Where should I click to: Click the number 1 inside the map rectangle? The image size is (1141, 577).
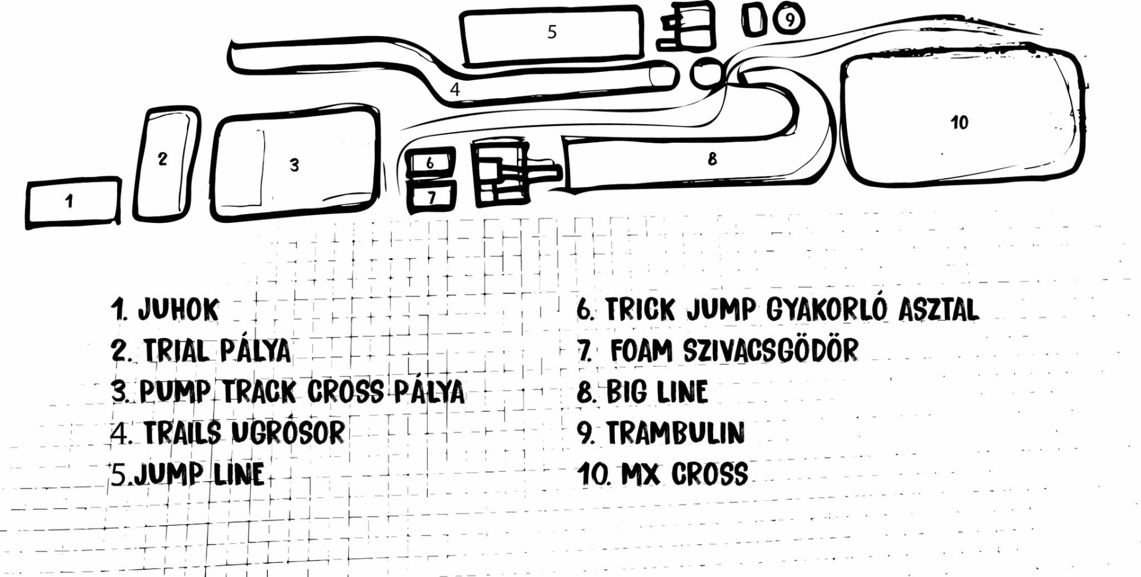point(70,201)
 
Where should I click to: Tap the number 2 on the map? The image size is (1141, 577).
point(162,159)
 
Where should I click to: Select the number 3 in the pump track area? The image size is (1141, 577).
point(294,165)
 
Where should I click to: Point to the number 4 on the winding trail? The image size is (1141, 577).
point(455,90)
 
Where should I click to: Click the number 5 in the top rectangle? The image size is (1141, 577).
point(552,32)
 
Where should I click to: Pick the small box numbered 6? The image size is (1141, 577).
point(430,162)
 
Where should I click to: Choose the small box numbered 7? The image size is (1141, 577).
point(432,197)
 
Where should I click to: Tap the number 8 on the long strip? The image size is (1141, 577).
point(712,159)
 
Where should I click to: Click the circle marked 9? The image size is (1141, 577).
point(790,20)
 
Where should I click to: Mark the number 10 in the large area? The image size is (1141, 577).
point(959,122)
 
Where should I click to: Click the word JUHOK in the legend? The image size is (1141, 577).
point(178,310)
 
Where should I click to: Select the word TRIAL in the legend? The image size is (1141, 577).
point(177,351)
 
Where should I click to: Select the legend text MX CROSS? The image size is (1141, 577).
point(685,474)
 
